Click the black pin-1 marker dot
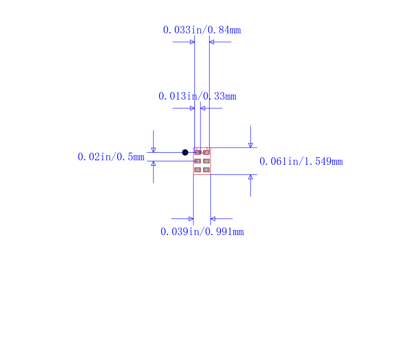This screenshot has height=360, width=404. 185,152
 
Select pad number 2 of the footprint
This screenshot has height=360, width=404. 197,161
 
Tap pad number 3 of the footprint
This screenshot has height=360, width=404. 197,170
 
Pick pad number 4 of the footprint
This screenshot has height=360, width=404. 207,170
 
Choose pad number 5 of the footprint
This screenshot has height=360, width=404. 207,161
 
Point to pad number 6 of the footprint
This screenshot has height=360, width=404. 207,152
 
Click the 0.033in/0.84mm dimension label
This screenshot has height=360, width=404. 202,30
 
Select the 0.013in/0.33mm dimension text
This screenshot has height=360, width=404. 197,97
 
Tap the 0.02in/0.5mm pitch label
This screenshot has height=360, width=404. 111,157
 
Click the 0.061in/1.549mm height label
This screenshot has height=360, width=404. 301,161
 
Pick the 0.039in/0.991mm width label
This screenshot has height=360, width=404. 203,232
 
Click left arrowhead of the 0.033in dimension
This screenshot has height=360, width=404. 192,42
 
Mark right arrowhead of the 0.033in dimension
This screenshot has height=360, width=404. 212,42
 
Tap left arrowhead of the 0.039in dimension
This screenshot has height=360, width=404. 191,219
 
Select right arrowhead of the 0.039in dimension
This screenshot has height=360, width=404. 213,219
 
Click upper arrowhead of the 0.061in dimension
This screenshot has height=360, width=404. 250,146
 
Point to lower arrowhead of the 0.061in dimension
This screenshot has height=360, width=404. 250,177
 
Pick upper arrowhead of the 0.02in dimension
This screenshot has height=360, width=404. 154,150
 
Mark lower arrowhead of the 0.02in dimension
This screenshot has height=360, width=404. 154,163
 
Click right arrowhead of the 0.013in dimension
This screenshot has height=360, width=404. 203,108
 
